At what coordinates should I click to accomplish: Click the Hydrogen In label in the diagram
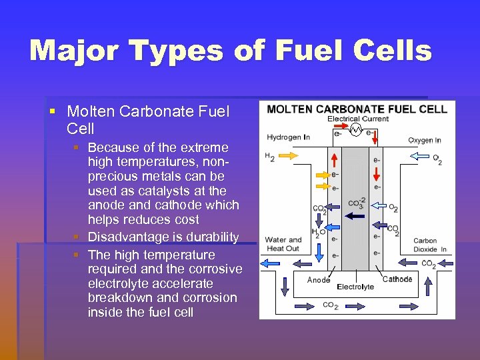(288, 137)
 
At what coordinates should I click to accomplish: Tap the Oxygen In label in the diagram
(424, 140)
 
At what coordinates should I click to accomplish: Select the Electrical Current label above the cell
(357, 119)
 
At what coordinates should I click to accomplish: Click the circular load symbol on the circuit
(355, 131)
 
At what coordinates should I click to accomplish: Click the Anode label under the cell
(319, 280)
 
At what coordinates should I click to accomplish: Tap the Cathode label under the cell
(397, 279)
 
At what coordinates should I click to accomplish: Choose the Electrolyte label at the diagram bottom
(355, 287)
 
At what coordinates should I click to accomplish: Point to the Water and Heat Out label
(283, 244)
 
